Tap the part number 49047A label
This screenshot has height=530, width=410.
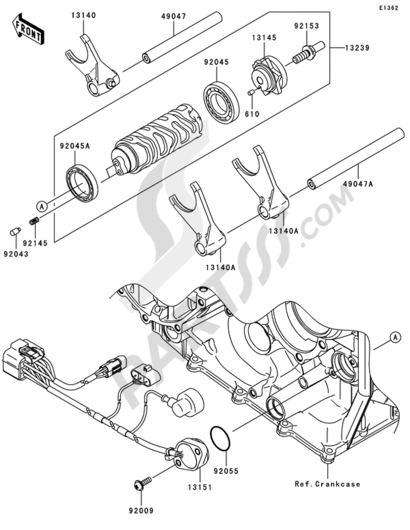pos(359,184)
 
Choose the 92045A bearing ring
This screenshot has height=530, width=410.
pos(82,180)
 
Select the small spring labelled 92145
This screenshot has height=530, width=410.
pos(34,222)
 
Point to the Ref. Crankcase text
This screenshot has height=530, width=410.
pos(327,484)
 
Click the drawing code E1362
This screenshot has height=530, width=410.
pos(388,8)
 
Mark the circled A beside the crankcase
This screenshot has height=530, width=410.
pos(394,337)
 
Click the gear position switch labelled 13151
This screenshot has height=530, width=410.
pos(191,455)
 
